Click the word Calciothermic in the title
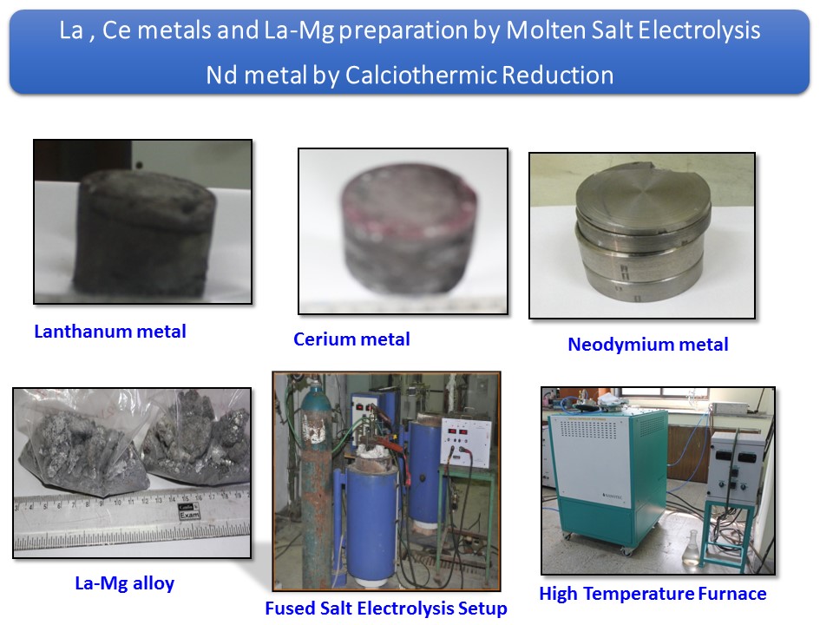click(422, 75)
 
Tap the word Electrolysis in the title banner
click(699, 30)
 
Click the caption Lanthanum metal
click(110, 332)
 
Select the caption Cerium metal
click(351, 339)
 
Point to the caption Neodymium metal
click(648, 345)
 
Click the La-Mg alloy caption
click(125, 583)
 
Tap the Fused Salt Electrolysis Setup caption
click(386, 608)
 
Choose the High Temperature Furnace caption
click(653, 593)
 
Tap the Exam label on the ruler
click(189, 511)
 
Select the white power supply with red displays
click(466, 441)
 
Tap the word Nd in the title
click(221, 75)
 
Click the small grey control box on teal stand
click(736, 468)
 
